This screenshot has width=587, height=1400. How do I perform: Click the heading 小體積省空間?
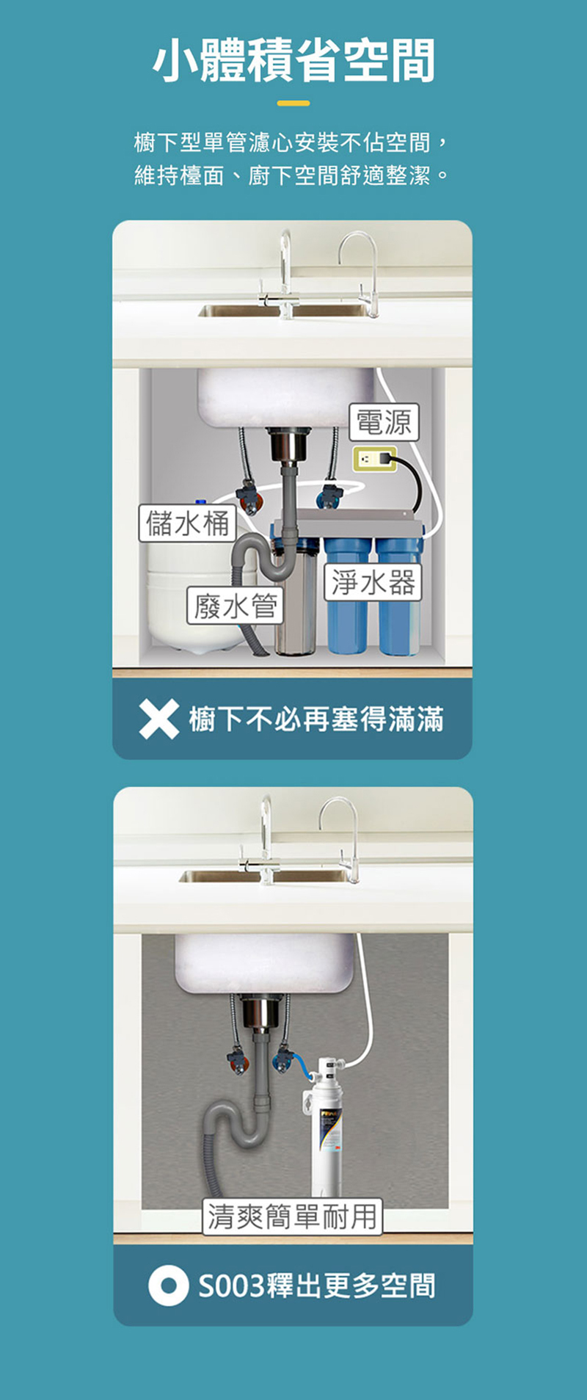[x=293, y=60]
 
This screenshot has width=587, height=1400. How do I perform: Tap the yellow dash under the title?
[x=293, y=104]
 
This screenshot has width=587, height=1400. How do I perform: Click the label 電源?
[x=383, y=422]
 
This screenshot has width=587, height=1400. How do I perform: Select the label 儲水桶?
[x=188, y=523]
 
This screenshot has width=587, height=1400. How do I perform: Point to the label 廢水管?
[x=235, y=606]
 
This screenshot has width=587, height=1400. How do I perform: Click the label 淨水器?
[x=373, y=582]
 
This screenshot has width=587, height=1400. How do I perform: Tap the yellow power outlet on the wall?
[x=373, y=460]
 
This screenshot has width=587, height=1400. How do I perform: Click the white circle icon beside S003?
[x=168, y=1285]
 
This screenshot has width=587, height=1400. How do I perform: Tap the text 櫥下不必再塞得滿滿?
[x=316, y=719]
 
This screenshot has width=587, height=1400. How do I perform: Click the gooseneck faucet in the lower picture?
[x=342, y=837]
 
